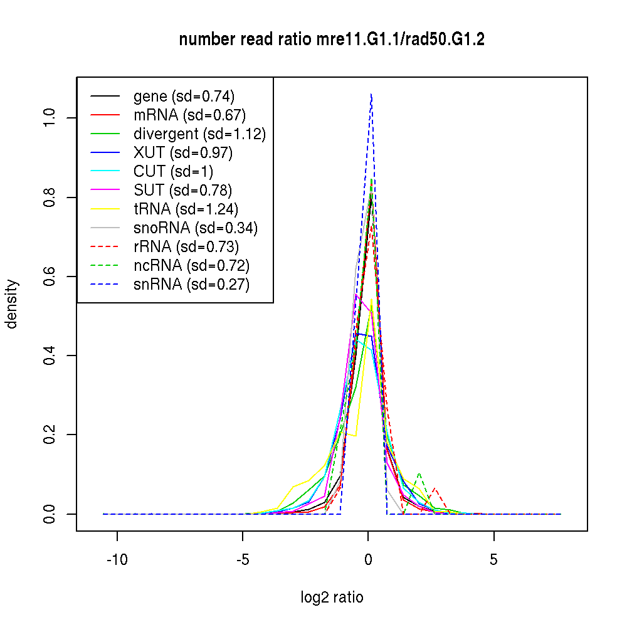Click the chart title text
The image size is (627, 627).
point(332,40)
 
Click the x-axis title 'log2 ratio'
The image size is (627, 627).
point(332,598)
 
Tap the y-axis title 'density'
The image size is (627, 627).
point(12,304)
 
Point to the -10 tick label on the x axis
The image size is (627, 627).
point(117,559)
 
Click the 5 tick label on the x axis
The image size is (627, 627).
point(493,559)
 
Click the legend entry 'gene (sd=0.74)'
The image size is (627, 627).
point(184,97)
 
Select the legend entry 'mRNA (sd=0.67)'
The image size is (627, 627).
point(189,115)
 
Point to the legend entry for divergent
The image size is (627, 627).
point(199,134)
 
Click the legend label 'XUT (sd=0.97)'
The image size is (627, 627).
point(183,153)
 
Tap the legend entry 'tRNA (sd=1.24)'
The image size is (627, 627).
point(186,209)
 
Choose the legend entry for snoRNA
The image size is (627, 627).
point(196,228)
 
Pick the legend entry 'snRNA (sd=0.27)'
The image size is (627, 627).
point(191,285)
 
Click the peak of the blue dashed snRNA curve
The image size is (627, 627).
point(371,95)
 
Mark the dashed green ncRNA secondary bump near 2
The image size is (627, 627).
point(419,474)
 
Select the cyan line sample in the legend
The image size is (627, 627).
point(105,172)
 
